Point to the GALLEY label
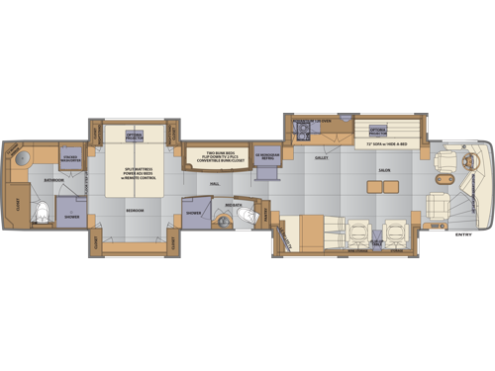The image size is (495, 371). click(x=322, y=155)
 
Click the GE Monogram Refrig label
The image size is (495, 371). click(x=265, y=157)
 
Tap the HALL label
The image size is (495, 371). click(x=215, y=183)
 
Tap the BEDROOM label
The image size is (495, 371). click(x=134, y=212)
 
